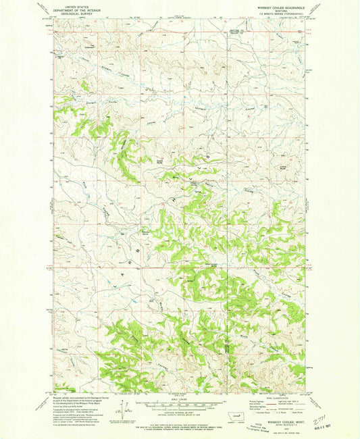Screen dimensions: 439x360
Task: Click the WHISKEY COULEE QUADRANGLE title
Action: click(x=282, y=6)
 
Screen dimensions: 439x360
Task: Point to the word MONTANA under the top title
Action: click(x=282, y=9)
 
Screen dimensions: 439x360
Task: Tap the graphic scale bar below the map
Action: click(x=180, y=404)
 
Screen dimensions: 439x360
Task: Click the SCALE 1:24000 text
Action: click(x=180, y=398)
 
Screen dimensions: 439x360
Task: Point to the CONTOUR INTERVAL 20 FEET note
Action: click(x=180, y=411)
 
